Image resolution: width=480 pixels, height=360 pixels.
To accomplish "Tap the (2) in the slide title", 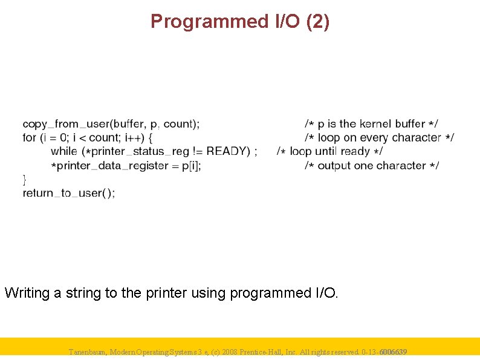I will [318, 22].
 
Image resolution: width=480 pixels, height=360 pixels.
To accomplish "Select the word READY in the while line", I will [228, 151].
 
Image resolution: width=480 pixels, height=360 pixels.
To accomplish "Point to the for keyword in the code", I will [29, 138].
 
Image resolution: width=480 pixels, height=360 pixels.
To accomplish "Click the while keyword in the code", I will [64, 151].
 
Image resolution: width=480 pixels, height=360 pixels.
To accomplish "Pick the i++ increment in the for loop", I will [131, 138].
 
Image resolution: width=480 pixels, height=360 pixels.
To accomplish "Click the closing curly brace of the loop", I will [24, 179].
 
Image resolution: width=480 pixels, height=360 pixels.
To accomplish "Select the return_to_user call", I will [68, 193].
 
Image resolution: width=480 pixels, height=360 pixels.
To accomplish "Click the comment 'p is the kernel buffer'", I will [371, 124].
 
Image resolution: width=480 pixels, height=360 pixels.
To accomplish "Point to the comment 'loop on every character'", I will [379, 138].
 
